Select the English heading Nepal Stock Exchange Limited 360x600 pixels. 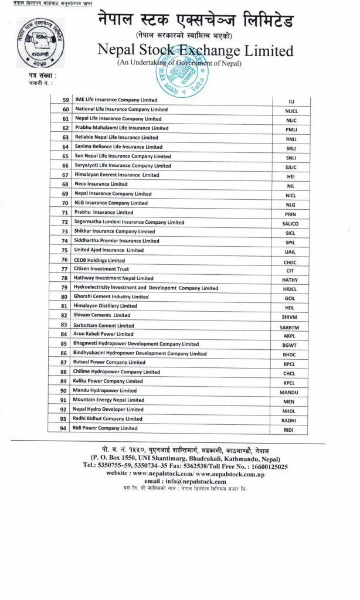click(196, 51)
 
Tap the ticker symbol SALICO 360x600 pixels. click(290, 224)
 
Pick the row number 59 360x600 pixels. click(65, 100)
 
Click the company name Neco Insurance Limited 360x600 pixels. click(101, 184)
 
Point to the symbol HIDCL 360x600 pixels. click(290, 289)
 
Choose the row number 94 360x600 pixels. click(63, 428)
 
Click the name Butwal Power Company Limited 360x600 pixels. click(109, 363)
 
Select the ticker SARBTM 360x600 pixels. click(290, 327)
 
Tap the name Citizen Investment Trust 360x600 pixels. click(101, 269)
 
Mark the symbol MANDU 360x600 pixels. click(290, 392)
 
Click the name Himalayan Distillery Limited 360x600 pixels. click(106, 306)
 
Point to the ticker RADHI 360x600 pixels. click(289, 420)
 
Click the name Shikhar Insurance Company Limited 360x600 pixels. click(114, 231)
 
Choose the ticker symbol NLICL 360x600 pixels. click(291, 111)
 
